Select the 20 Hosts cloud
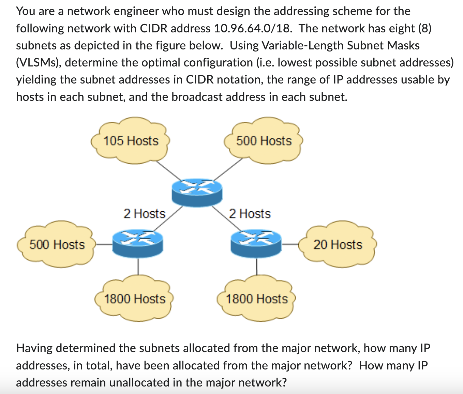pyautogui.click(x=338, y=245)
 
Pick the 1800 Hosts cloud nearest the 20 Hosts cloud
pyautogui.click(x=256, y=299)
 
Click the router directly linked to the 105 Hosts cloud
pyautogui.click(x=197, y=192)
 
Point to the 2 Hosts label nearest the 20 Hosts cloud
pyautogui.click(x=250, y=214)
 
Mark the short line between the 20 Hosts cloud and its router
pyautogui.click(x=290, y=244)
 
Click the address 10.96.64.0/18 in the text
pyautogui.click(x=253, y=28)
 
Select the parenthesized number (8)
pyautogui.click(x=424, y=28)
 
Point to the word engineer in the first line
pyautogui.click(x=136, y=11)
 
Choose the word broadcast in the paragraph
pyautogui.click(x=197, y=97)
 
